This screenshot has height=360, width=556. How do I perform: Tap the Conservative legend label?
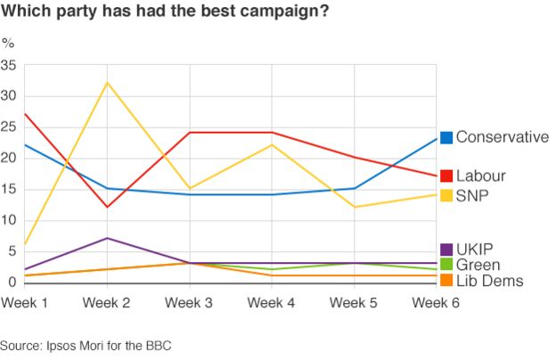point(502,137)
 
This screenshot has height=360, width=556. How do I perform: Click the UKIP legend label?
point(475,249)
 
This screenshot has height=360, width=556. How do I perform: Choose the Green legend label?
point(478,265)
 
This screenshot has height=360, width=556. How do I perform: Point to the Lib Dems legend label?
point(489,281)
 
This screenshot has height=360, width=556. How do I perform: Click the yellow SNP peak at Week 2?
point(107,83)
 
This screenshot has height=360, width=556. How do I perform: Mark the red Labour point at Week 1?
point(25,114)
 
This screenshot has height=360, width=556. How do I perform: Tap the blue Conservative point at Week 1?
point(25,144)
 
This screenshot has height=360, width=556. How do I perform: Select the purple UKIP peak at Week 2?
point(107,238)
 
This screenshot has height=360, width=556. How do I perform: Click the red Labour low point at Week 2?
point(107,207)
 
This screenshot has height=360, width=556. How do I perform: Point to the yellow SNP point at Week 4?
point(272,144)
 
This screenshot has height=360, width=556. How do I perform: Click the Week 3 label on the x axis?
point(189,304)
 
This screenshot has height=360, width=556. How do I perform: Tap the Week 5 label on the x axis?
point(354,304)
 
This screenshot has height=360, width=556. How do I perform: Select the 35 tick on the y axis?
point(9,65)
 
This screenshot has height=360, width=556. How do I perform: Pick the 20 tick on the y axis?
point(9,159)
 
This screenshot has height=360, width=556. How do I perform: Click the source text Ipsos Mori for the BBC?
point(86,346)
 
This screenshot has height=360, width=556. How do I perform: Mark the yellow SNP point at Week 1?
point(25,244)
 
